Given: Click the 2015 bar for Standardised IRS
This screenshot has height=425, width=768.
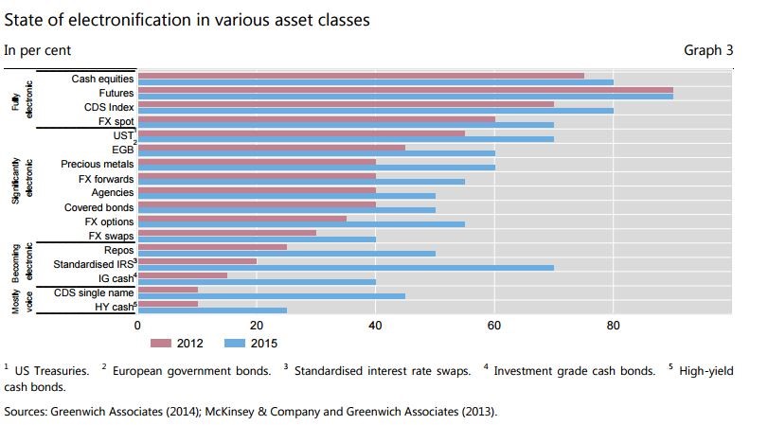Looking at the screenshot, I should (x=346, y=267).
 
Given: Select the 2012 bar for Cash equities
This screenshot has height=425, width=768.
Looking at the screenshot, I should (x=361, y=76).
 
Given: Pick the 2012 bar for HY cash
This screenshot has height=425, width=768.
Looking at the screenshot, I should (x=168, y=303).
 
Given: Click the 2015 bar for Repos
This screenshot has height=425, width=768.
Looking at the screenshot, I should (x=286, y=253).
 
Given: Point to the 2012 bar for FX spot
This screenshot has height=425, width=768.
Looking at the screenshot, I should (x=316, y=119).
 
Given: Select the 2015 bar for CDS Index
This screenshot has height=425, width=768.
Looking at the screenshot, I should (x=375, y=111).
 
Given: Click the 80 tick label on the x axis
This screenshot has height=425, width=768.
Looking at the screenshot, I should (x=613, y=326).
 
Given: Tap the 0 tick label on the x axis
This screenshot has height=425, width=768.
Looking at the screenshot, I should (x=138, y=326).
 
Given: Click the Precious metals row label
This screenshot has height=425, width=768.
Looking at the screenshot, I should (x=98, y=164).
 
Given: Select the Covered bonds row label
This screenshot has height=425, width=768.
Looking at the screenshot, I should (x=98, y=206).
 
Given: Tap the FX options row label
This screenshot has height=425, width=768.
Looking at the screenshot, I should (x=109, y=221).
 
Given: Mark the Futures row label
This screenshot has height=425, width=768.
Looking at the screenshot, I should (x=116, y=93).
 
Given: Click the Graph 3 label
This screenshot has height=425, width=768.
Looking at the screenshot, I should (x=708, y=50).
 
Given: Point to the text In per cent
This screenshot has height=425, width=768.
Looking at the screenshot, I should (x=37, y=50).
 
